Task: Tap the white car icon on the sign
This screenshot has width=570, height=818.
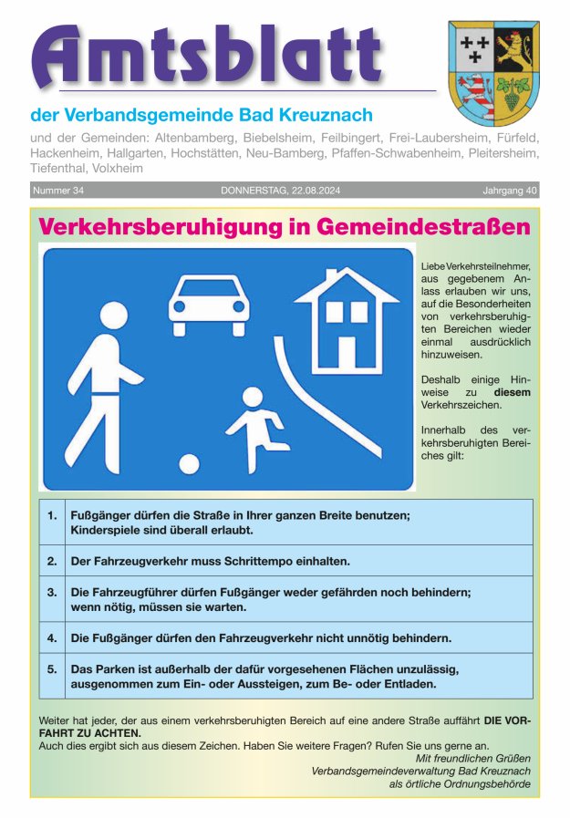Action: click(x=208, y=302)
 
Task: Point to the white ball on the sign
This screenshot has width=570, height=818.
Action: click(x=189, y=463)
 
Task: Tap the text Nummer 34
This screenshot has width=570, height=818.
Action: click(x=58, y=191)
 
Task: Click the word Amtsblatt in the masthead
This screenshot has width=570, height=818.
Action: click(x=206, y=57)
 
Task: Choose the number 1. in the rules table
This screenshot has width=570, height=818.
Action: click(x=52, y=514)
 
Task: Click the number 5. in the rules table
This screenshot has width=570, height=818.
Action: click(x=52, y=668)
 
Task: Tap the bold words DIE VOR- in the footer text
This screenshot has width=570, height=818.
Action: click(x=508, y=720)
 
